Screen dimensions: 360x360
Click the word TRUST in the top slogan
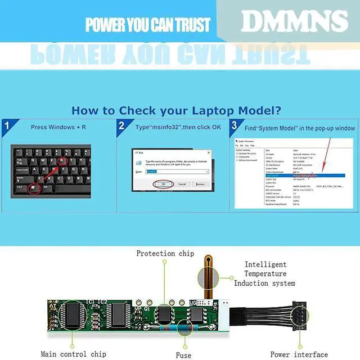coord(188,25)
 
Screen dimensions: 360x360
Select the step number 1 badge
coord(7,125)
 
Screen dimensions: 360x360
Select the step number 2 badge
coord(121,125)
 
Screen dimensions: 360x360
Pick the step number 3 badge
coord(235,125)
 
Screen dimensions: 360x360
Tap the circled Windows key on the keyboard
coord(35,187)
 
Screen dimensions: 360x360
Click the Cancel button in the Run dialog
coord(181,184)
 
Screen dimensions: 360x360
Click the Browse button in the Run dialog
coord(200,184)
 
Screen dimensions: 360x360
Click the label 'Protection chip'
coord(164,254)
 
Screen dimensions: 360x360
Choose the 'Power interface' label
coord(299,354)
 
